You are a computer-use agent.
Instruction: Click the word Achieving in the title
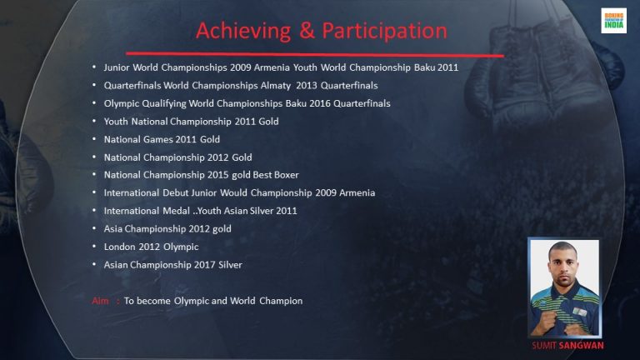tap(243, 31)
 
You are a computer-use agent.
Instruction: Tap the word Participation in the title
tap(385, 31)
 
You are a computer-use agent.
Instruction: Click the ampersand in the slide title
tap(307, 31)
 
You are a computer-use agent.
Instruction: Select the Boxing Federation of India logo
tap(613, 20)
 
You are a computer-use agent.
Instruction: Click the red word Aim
tap(100, 301)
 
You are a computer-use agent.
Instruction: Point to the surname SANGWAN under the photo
tap(581, 346)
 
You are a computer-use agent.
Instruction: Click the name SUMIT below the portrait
tap(544, 346)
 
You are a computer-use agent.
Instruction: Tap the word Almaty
tap(276, 86)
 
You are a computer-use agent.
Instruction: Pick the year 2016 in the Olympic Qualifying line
tap(320, 103)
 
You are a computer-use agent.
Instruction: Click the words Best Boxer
tap(276, 175)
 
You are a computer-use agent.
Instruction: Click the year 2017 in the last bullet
tap(204, 265)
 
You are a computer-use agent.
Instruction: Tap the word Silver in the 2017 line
tap(230, 265)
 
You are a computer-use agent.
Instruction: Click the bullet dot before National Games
tap(94, 139)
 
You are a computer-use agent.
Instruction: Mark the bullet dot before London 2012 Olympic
tap(94, 247)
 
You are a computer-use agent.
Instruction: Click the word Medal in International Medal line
tap(177, 211)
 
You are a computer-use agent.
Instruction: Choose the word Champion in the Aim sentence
tap(281, 301)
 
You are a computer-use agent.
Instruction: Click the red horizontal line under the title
tap(315, 54)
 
